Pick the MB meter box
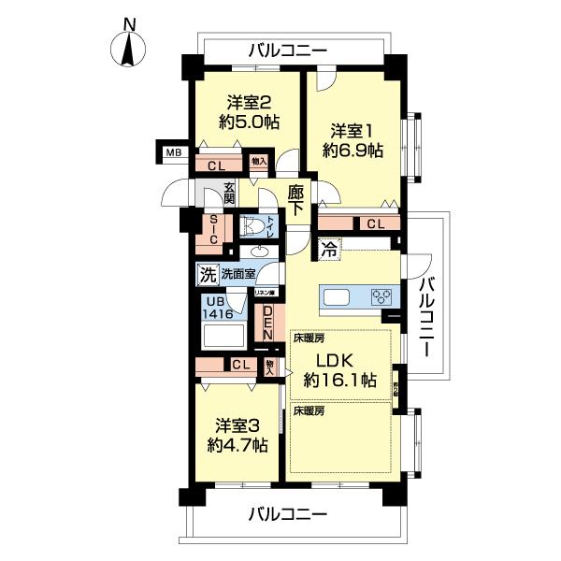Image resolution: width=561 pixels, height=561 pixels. click(x=173, y=152)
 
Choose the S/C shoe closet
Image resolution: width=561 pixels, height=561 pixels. click(x=214, y=229)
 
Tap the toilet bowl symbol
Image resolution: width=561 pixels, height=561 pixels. click(x=252, y=227)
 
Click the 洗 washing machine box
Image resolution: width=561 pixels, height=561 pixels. click(x=205, y=275)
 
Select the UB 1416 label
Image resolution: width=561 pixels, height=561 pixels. click(x=213, y=308)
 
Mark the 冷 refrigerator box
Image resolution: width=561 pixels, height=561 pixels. click(x=329, y=249)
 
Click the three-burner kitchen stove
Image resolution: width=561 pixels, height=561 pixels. click(x=382, y=297)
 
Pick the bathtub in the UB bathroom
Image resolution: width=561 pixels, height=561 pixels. click(x=221, y=338)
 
